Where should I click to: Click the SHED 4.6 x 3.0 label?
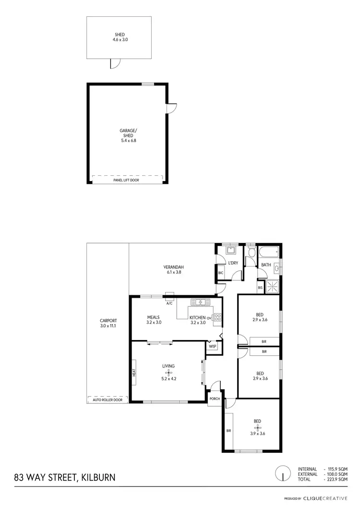[120, 37]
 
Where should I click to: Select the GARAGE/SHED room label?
[127, 135]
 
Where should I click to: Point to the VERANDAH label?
[174, 270]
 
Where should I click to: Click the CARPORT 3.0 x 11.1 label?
[108, 323]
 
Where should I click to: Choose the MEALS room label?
[154, 320]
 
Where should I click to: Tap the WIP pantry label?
[212, 346]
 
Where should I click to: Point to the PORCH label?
[215, 399]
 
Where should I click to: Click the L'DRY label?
[233, 263]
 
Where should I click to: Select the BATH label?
[266, 265]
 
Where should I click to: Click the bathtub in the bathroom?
[268, 252]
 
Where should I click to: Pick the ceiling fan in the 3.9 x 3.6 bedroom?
[258, 427]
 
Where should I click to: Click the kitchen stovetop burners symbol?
[217, 317]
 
